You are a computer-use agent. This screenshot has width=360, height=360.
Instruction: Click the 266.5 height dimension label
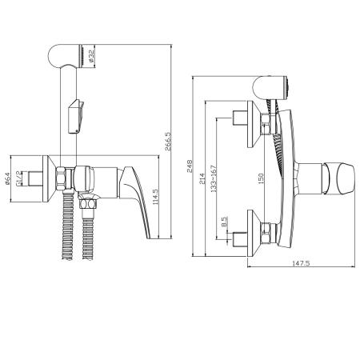tap(168, 142)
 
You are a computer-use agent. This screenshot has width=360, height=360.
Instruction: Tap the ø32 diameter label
tap(91, 56)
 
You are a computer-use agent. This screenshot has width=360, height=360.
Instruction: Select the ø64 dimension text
tap(7, 178)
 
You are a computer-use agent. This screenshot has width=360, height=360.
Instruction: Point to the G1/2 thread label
tap(19, 178)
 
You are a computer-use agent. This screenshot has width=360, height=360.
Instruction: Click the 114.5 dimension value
tap(155, 197)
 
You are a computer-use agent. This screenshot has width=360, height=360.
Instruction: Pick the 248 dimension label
tap(190, 166)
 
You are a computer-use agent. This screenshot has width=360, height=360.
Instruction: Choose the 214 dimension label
tap(202, 178)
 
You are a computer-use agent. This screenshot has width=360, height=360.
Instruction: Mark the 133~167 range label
tap(214, 178)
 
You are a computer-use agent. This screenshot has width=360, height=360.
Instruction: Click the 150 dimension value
tap(261, 178)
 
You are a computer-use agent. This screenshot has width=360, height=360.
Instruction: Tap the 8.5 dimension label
tap(224, 222)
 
